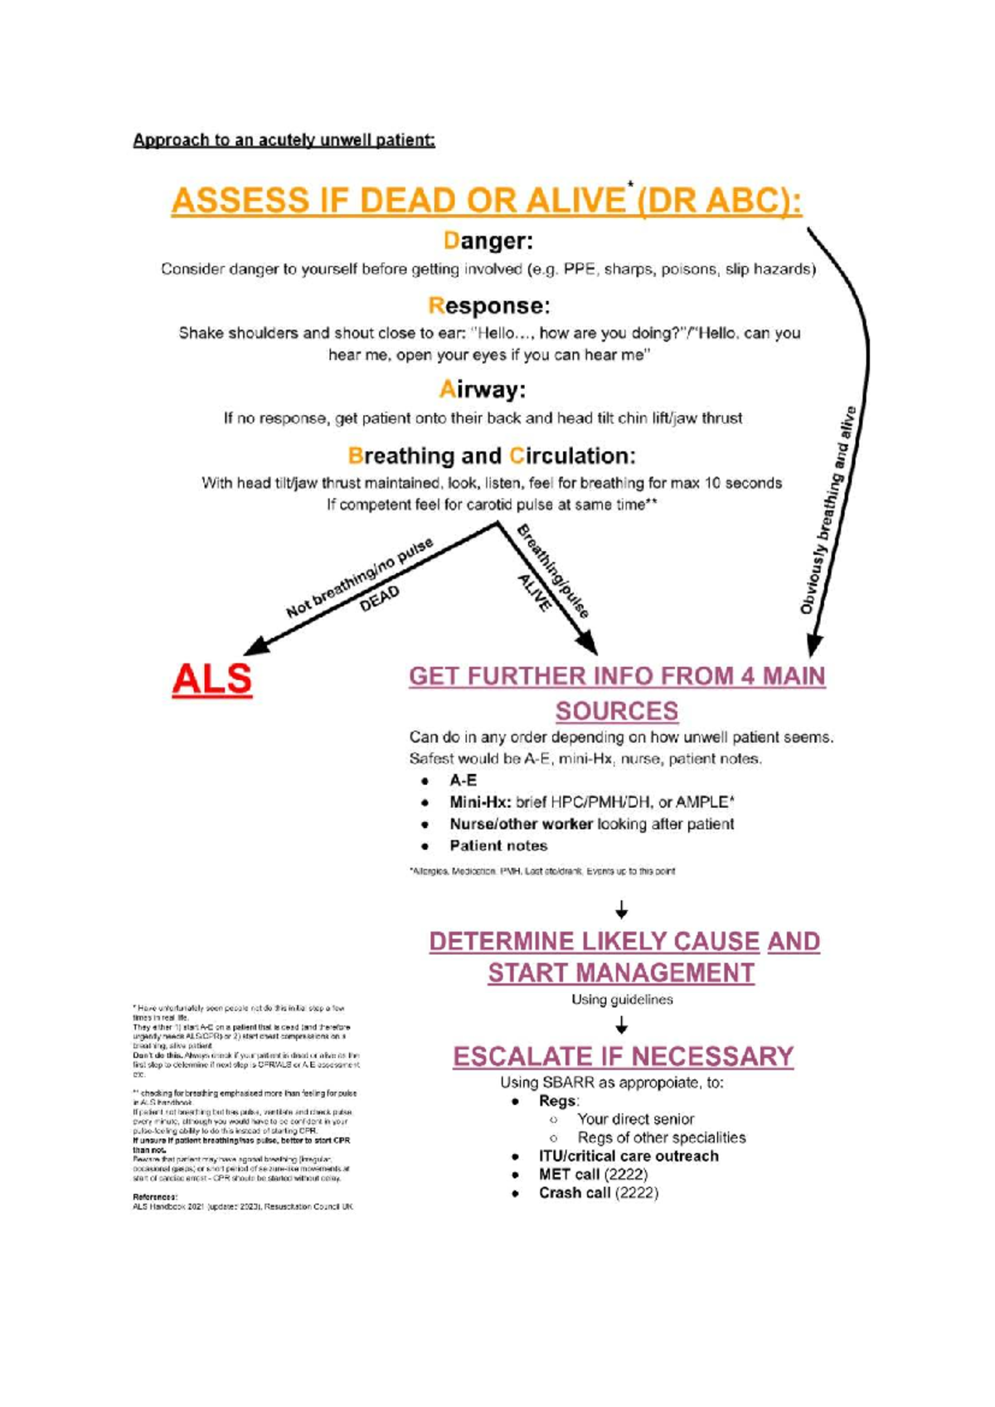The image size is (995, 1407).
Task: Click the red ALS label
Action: [211, 679]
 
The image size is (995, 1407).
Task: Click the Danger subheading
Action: [488, 241]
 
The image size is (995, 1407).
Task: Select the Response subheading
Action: [488, 306]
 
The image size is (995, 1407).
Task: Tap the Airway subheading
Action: [482, 389]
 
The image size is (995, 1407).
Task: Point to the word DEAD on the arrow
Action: [380, 598]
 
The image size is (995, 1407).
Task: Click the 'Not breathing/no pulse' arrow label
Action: [360, 577]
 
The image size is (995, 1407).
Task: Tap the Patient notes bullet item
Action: [498, 846]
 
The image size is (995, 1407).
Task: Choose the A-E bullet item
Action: [463, 781]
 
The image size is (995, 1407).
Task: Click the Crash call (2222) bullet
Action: [598, 1193]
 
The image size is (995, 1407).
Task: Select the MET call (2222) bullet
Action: [593, 1175]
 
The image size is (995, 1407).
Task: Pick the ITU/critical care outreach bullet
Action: [629, 1156]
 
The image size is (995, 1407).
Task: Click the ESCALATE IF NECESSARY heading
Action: [623, 1057]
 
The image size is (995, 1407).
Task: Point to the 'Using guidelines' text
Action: [622, 1000]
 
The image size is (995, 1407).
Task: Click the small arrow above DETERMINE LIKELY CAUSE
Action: [622, 911]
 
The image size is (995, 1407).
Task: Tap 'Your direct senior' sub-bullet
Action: [636, 1119]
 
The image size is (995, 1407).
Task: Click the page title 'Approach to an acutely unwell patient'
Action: [284, 140]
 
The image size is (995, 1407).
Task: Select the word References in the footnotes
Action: [155, 1197]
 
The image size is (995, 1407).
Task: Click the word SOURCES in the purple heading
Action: [617, 712]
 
